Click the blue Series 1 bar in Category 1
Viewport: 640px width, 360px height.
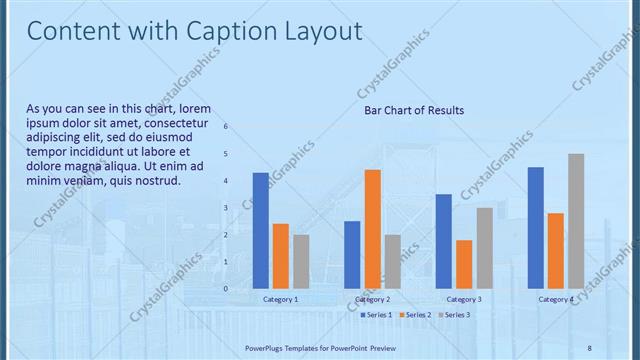point(261,231)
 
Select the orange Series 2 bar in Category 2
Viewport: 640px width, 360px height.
point(372,229)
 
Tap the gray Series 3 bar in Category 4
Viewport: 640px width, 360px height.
point(576,221)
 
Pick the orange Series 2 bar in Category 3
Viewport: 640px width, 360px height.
point(464,264)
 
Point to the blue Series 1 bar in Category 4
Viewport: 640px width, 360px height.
point(536,228)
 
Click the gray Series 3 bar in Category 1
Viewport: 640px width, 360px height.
point(301,261)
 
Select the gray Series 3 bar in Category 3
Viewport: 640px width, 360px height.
point(484,248)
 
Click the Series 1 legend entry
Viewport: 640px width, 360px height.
point(376,315)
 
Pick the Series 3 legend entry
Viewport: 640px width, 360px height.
point(454,315)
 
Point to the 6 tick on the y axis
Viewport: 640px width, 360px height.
point(226,126)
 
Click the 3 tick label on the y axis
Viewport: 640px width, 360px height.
point(226,208)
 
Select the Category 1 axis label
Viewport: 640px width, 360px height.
point(281,299)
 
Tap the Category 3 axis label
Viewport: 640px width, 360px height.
point(464,299)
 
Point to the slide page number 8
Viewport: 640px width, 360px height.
point(589,347)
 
